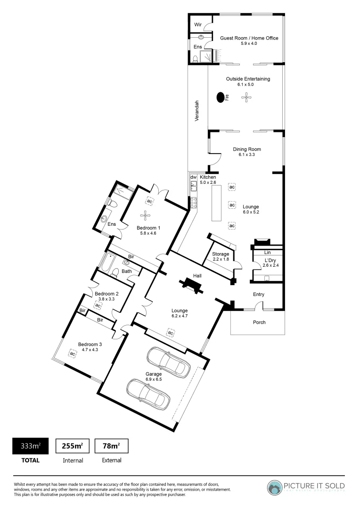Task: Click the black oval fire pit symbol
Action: point(220,98)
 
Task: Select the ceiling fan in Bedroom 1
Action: point(147,216)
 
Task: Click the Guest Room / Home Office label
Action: point(249,38)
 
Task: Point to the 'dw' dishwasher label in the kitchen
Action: point(193,177)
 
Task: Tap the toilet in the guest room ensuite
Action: point(195,59)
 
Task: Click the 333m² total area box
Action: point(27,445)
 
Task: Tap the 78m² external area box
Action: point(112,445)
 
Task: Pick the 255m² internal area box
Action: point(73,445)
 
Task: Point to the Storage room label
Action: point(221,254)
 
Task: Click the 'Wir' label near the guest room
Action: point(198,23)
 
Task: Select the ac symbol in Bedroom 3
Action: point(73,353)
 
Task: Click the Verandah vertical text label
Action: point(198,111)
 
